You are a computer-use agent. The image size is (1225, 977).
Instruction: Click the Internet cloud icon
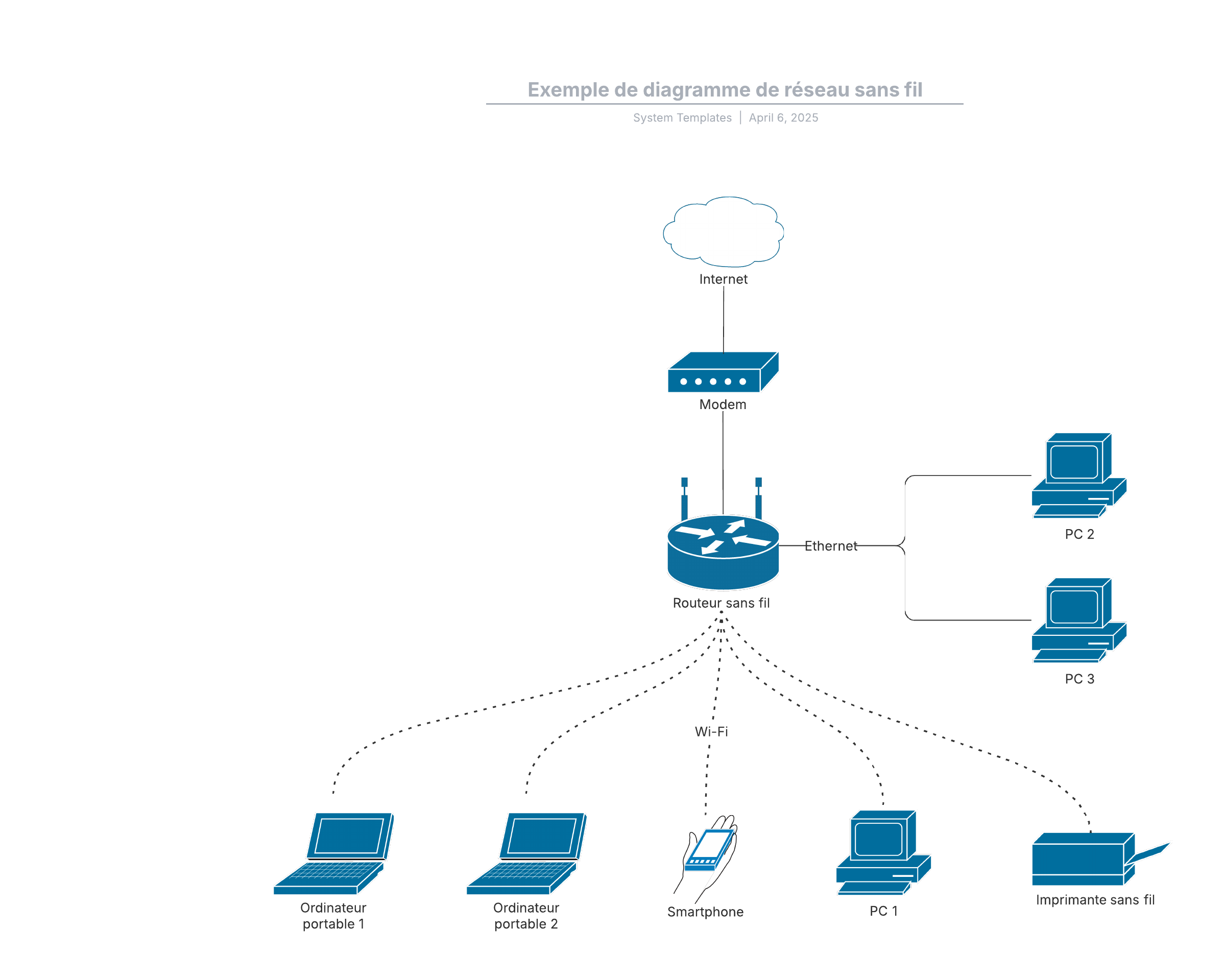(x=723, y=232)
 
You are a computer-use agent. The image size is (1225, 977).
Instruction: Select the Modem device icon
(x=723, y=372)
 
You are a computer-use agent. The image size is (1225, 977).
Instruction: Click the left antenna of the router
(x=684, y=498)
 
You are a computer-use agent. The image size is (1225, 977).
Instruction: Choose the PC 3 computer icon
(x=1078, y=620)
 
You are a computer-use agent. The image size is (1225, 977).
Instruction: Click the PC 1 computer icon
(x=883, y=852)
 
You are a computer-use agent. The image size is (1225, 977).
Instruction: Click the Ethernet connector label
(x=831, y=545)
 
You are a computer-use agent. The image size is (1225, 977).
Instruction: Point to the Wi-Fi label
(x=711, y=731)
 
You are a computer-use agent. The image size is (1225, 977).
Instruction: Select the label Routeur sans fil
(x=721, y=603)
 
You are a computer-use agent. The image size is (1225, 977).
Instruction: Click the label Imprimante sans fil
(x=1095, y=900)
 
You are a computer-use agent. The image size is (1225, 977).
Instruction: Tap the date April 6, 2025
(x=783, y=117)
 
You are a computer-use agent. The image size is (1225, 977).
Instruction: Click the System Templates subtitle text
(x=682, y=117)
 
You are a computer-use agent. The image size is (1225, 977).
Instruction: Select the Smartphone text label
(x=705, y=912)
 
